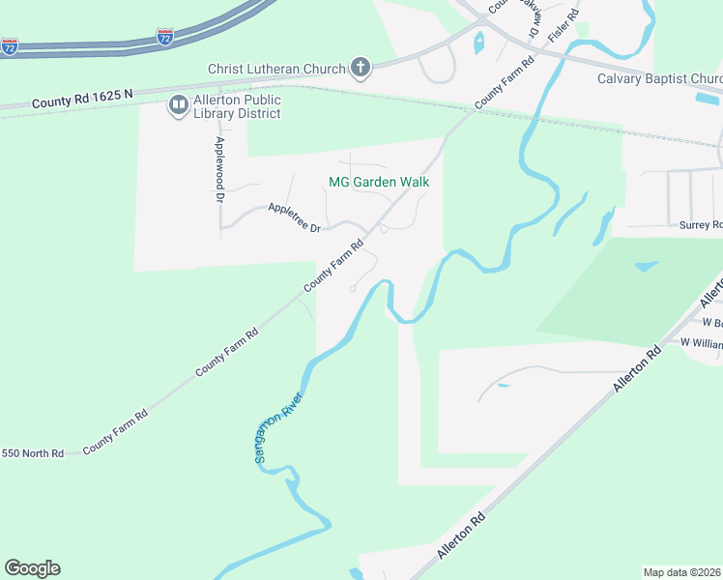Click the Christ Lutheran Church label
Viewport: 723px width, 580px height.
click(277, 69)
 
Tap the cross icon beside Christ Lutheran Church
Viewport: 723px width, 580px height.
click(360, 67)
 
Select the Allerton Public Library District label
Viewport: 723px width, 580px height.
click(237, 106)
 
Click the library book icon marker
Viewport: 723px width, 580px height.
click(178, 105)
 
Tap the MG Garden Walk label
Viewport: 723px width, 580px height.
click(379, 182)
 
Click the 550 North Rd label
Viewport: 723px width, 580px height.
click(33, 452)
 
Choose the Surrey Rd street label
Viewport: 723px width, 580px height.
click(701, 225)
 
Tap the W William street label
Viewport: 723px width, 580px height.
click(701, 342)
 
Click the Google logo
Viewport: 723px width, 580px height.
click(32, 568)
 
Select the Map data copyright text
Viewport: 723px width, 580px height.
click(682, 572)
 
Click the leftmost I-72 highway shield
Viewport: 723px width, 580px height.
click(10, 46)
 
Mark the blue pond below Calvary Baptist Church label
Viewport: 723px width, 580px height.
click(708, 98)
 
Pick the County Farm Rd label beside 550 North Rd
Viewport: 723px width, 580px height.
click(115, 432)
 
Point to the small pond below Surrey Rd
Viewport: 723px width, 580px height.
click(645, 266)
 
